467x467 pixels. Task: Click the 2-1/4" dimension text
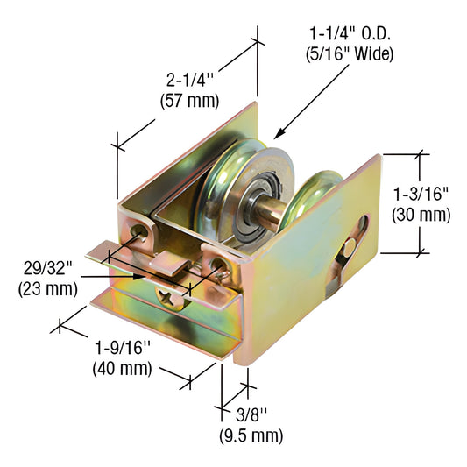tap(188, 81)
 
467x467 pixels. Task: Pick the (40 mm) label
tap(123, 368)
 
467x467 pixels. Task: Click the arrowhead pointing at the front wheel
tap(279, 136)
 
